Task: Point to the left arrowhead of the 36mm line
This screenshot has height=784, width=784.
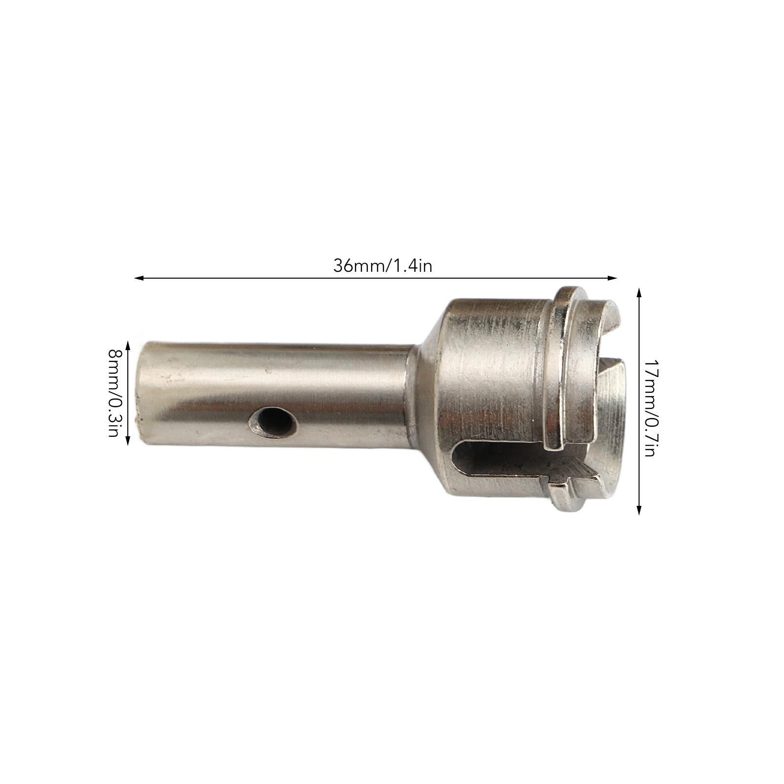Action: point(139,279)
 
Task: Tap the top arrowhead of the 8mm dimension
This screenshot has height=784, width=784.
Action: point(128,345)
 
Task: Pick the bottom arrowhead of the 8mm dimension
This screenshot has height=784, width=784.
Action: point(128,440)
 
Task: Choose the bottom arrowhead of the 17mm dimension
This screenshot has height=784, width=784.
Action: point(639,510)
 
